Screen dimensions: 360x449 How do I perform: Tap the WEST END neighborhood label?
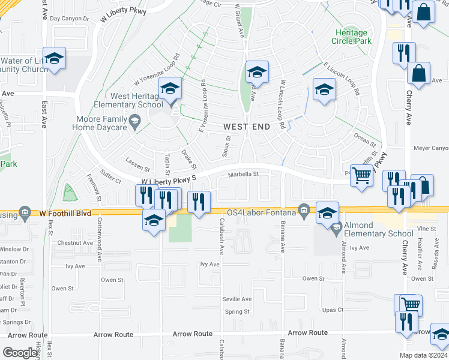[x=247, y=127]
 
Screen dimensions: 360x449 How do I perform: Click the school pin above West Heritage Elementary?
[x=170, y=90]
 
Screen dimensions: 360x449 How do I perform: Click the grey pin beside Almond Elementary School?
[x=336, y=226]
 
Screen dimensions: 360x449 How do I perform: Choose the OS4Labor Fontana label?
[x=261, y=212]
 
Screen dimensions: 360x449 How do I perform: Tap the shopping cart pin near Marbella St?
[x=362, y=175]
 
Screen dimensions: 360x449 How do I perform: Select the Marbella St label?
[x=243, y=175]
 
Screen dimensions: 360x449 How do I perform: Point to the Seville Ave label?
[x=238, y=299]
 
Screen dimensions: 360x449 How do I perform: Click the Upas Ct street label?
[x=332, y=310]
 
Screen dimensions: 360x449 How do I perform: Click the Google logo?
[x=20, y=353]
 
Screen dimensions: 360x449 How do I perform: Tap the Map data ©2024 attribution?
[x=423, y=355]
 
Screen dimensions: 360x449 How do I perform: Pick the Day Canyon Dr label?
[x=69, y=19]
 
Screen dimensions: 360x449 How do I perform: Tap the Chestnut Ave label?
[x=76, y=243]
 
